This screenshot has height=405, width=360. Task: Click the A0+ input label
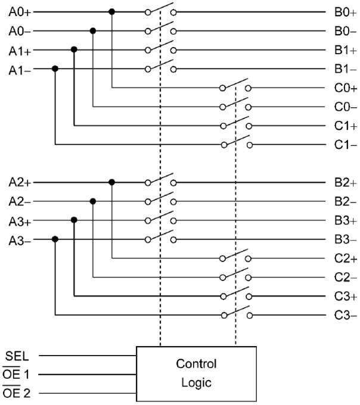point(20,11)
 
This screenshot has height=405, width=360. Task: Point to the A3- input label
point(20,240)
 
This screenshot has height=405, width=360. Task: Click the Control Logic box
point(196,373)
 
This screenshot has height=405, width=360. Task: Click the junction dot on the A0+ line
point(111,11)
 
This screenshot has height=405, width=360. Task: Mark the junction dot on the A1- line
point(55,68)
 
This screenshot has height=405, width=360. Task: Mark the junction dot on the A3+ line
point(74,220)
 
